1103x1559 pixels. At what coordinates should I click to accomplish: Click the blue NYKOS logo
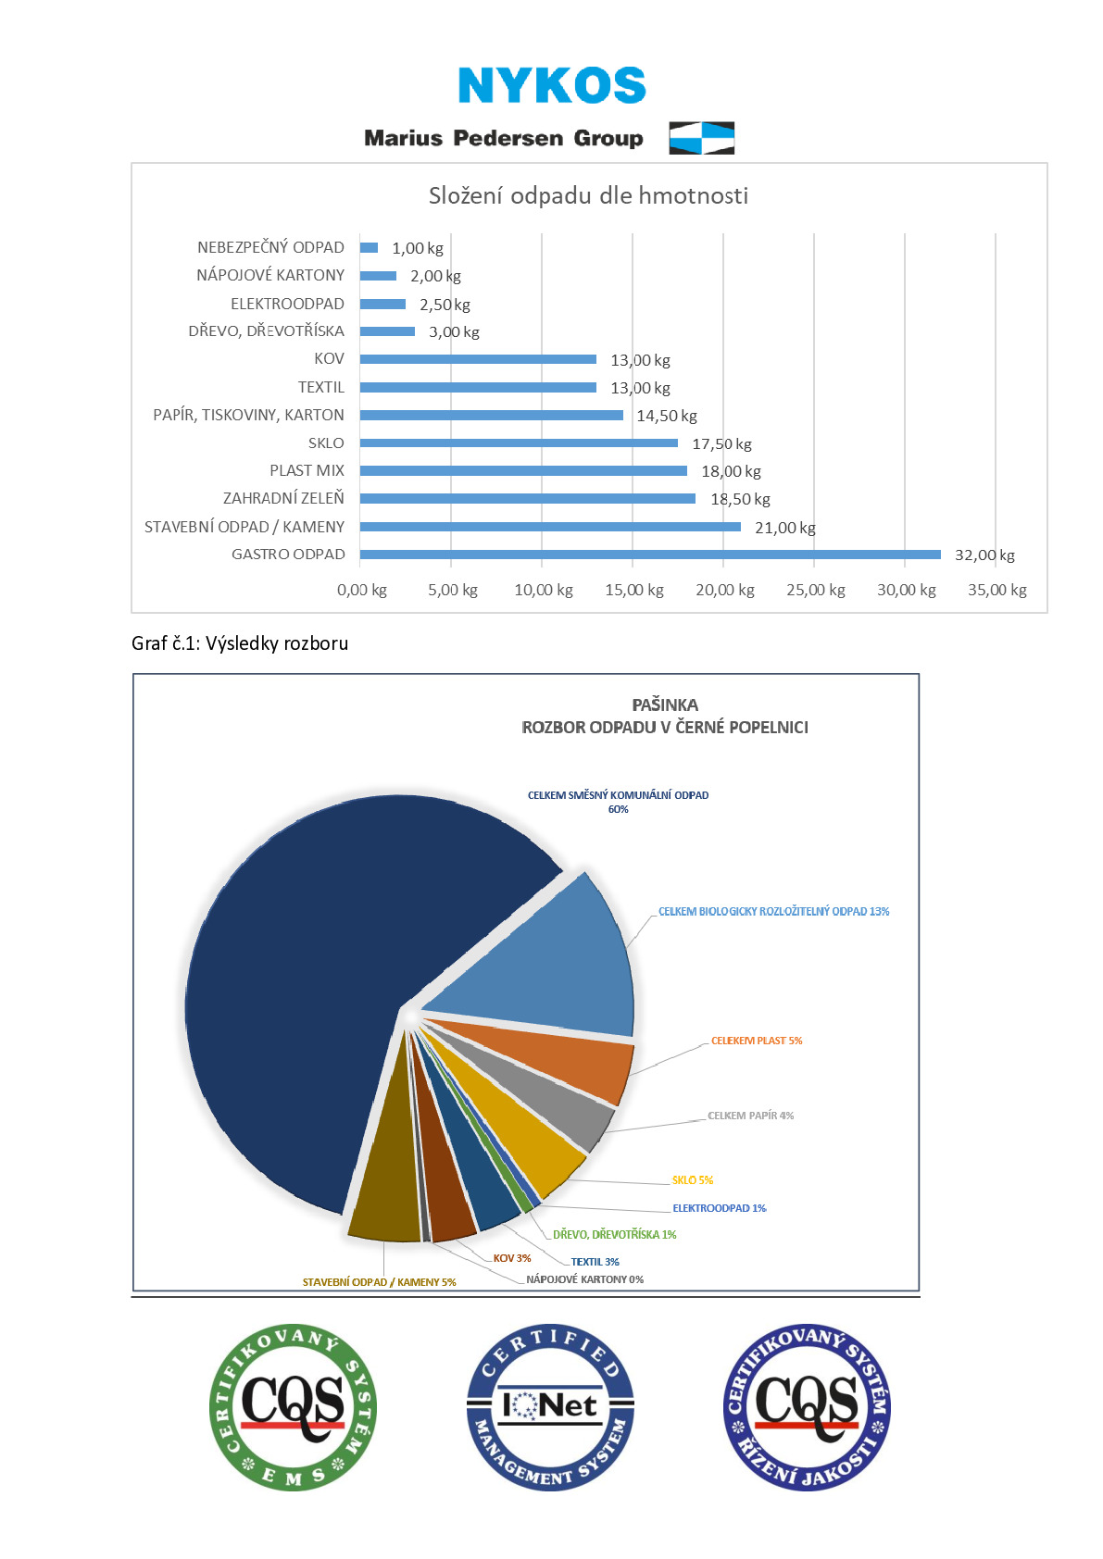point(552,85)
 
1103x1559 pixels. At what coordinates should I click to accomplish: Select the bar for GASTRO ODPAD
point(650,554)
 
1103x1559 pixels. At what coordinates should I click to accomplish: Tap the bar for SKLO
point(519,443)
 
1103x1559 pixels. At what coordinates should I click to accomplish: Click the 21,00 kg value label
point(784,528)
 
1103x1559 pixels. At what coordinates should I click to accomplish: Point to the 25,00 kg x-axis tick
point(815,590)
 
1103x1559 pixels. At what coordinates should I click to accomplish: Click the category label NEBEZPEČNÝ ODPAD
point(270,247)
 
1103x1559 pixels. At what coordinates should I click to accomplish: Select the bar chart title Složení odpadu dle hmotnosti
point(588,195)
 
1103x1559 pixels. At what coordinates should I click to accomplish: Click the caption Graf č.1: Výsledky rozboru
point(240,643)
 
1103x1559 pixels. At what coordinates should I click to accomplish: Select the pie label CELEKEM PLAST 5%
point(757,1041)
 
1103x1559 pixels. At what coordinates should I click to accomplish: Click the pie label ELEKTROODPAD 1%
point(720,1208)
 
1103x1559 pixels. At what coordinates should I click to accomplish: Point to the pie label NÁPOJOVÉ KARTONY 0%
point(585,1279)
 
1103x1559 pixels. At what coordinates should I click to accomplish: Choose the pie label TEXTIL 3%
point(595,1262)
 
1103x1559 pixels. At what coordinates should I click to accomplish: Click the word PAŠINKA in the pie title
point(665,705)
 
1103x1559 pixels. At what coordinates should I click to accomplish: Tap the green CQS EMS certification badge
point(294,1407)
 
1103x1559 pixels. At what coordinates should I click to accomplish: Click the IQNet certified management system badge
point(550,1407)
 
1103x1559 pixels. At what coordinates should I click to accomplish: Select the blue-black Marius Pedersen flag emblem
point(701,138)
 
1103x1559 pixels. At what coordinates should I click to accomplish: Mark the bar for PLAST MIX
point(523,470)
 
